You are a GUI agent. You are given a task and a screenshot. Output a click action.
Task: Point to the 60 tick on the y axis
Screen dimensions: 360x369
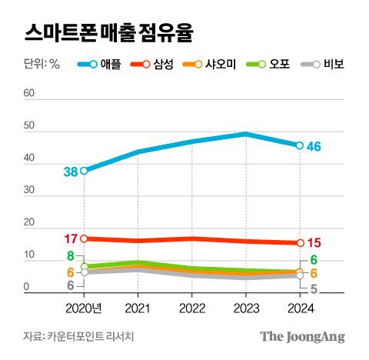click(x=30, y=93)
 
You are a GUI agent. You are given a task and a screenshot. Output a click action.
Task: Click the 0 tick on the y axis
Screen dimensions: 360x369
click(x=26, y=288)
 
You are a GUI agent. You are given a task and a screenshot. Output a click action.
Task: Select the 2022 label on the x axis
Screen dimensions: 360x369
click(x=191, y=309)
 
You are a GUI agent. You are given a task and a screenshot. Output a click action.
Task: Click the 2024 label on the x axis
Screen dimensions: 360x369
click(x=299, y=309)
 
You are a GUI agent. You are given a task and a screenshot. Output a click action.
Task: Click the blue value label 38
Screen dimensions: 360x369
click(x=70, y=172)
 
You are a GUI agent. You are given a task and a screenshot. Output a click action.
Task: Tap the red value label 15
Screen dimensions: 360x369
click(x=314, y=243)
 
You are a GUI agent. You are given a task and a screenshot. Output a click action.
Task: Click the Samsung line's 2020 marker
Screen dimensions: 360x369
click(x=84, y=238)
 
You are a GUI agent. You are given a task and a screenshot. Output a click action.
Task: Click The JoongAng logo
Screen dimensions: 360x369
click(x=301, y=337)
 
